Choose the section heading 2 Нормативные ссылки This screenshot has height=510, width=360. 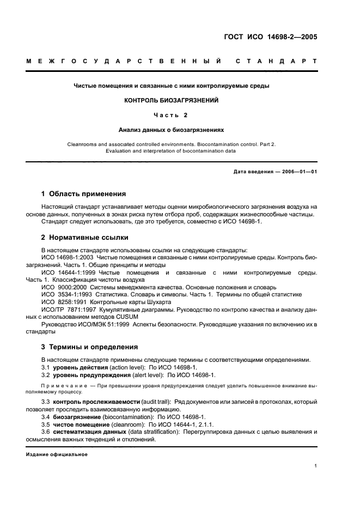[85, 237]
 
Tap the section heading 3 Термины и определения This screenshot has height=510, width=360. [89, 347]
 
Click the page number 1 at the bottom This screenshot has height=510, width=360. [316, 466]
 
